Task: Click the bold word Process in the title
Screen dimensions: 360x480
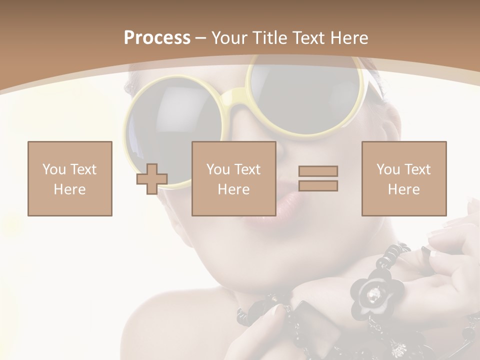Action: [157, 38]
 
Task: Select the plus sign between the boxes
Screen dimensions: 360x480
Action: [152, 179]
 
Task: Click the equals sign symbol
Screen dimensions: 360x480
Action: [318, 178]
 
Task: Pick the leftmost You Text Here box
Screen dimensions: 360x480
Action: [70, 178]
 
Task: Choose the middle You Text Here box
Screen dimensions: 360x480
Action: [234, 178]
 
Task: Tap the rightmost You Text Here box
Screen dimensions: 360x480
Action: [404, 178]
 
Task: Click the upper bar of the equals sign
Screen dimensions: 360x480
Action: [318, 171]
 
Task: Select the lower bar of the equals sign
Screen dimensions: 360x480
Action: [318, 185]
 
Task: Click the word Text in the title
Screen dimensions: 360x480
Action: [307, 38]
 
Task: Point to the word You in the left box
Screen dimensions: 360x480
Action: [54, 169]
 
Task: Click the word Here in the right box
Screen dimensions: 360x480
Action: [404, 189]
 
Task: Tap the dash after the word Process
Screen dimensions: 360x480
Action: [200, 38]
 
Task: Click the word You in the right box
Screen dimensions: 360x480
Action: [388, 169]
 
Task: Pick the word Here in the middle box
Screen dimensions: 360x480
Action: [234, 189]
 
